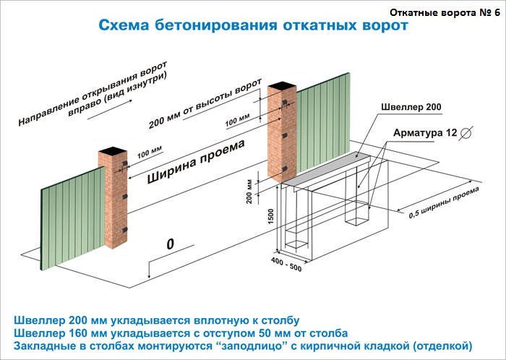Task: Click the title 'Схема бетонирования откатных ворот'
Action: tap(253, 25)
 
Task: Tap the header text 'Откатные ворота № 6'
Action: tap(445, 12)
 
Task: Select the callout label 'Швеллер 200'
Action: tap(411, 107)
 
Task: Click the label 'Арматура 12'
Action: tap(425, 132)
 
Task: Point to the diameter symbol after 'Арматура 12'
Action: tap(466, 132)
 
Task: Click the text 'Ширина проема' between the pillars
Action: tap(196, 162)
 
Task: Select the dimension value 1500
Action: tap(270, 217)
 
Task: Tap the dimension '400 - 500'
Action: tap(286, 265)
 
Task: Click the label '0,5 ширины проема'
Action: tap(444, 203)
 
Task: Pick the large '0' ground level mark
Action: tap(170, 244)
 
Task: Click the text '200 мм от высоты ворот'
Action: tap(205, 103)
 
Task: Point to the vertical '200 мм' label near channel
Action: tap(249, 192)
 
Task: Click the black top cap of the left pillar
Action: tap(112, 150)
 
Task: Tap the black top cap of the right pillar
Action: tap(282, 86)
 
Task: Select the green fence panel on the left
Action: tap(73, 218)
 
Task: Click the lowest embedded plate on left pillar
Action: tap(124, 230)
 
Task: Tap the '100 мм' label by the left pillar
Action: tap(150, 153)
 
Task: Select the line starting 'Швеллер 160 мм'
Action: tap(181, 333)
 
